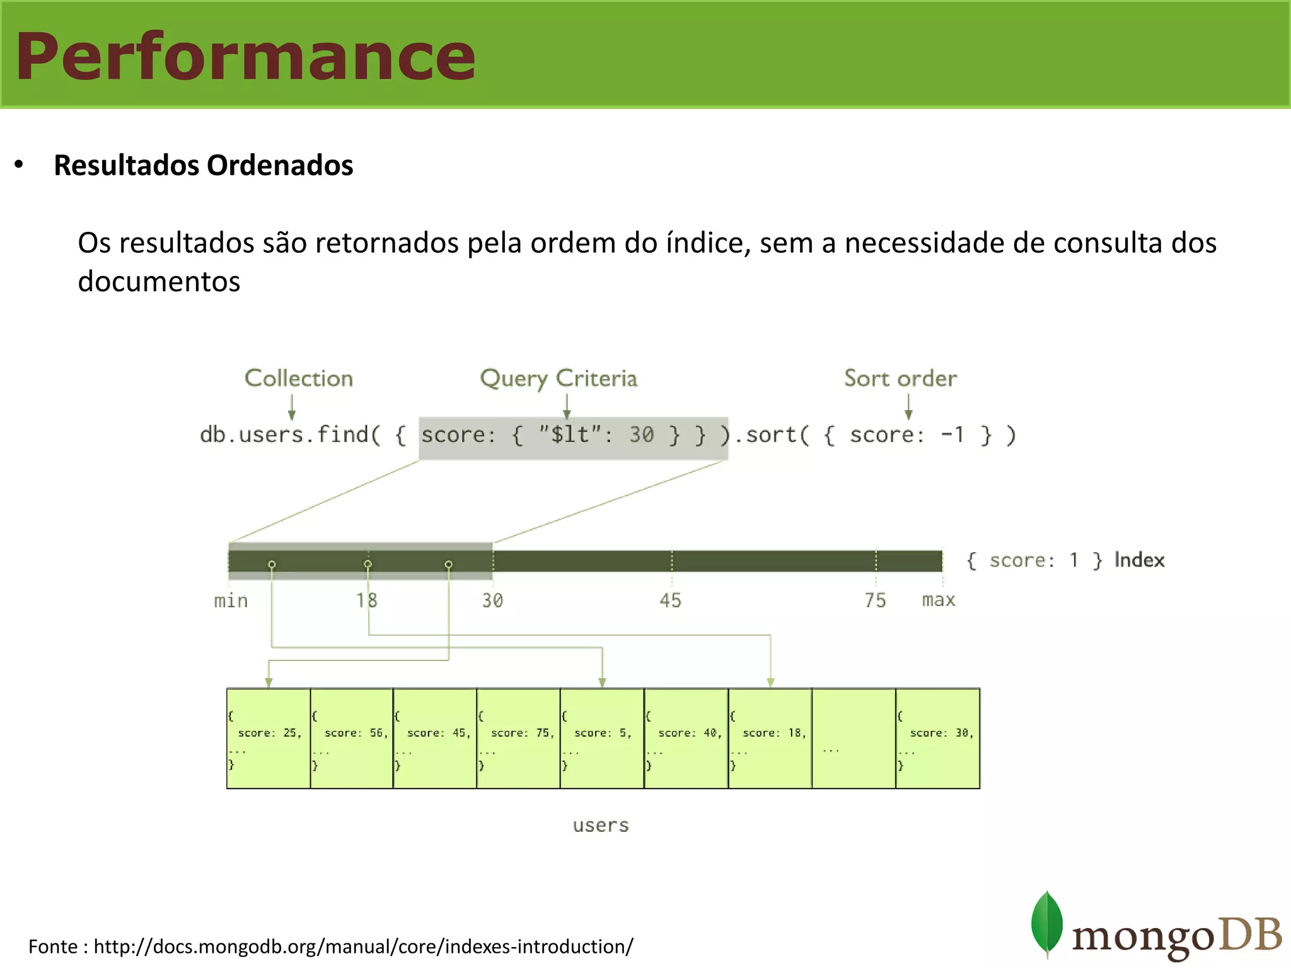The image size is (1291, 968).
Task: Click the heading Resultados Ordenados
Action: [203, 165]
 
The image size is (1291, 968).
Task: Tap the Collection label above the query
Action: [298, 378]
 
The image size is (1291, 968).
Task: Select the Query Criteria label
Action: [559, 378]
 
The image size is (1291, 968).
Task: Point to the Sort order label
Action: [900, 378]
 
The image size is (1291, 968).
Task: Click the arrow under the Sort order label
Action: [908, 407]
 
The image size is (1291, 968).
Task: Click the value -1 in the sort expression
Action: [952, 435]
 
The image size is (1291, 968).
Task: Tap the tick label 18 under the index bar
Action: [366, 600]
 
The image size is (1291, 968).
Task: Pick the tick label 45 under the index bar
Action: [670, 600]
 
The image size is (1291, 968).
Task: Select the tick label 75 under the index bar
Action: [875, 600]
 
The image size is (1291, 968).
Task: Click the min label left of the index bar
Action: [231, 601]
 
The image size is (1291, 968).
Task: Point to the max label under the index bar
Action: [939, 600]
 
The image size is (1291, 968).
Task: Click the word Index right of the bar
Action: [1139, 560]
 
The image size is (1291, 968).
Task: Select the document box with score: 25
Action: [269, 738]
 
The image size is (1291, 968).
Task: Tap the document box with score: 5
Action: [602, 738]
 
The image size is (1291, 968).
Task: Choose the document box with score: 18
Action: [770, 738]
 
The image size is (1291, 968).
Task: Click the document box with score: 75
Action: [518, 738]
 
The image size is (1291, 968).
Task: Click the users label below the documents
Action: [601, 825]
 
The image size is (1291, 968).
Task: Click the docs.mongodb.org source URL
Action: [363, 947]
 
